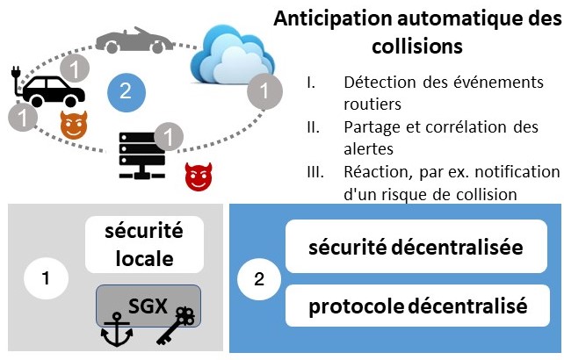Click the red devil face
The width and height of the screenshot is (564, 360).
point(199,177)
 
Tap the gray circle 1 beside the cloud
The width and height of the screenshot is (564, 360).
point(261,90)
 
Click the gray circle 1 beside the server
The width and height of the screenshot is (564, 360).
point(167,135)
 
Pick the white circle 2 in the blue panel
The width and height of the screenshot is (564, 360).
point(257,279)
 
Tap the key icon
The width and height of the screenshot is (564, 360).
point(175,330)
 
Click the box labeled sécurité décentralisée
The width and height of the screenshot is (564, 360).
point(416,248)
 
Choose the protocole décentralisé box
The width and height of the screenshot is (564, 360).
point(416,307)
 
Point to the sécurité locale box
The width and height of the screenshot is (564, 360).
point(144,246)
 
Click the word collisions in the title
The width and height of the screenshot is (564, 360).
point(417,43)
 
